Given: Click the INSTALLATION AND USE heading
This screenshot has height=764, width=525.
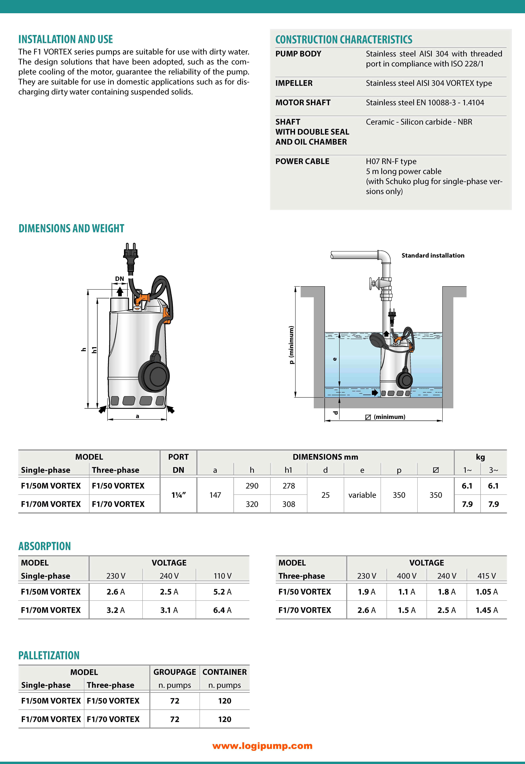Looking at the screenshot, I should coord(65,39).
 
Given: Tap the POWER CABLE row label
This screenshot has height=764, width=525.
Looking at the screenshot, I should coord(302,161).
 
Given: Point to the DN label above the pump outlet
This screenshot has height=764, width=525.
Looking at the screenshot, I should coord(119,279).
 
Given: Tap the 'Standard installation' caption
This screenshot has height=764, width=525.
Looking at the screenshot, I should coord(433,255).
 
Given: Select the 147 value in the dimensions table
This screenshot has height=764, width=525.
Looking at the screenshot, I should coord(215,495).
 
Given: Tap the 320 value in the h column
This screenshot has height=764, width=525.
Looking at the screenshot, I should coord(252,504).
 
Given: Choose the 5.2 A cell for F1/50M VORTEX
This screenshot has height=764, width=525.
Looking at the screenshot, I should coord(222,592).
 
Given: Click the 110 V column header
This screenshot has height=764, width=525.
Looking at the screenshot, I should coord(222,576).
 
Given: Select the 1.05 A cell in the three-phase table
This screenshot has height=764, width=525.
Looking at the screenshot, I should coord(487,592).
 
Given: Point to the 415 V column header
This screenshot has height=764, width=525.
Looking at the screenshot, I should coord(487,576).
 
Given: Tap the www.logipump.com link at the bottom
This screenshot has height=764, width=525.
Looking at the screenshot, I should coord(262,746).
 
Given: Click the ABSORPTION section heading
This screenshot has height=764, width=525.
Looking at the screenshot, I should coord(44,546).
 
